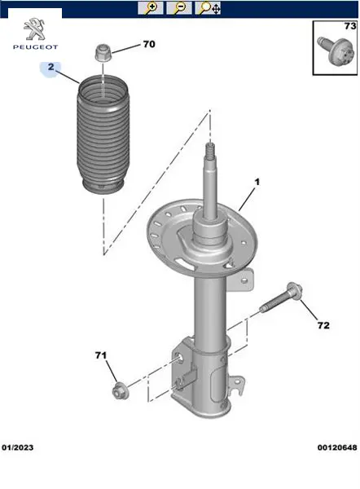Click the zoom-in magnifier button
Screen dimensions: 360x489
coord(151,8)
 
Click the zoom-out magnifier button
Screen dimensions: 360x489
coord(179,8)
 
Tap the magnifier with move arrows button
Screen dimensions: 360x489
coord(209,8)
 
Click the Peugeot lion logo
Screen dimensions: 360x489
coord(34,29)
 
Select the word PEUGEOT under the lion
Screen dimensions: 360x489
coord(36,47)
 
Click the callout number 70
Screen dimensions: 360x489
coord(149,44)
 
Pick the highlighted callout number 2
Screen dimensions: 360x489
coord(50,67)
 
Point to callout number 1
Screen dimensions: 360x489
coord(257,182)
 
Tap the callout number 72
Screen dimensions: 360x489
coord(323,325)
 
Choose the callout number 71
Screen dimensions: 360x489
coord(101,355)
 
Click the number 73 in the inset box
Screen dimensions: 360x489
coord(350,26)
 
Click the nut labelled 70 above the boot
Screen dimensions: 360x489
coord(103,53)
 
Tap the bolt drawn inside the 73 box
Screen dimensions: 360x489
coord(336,52)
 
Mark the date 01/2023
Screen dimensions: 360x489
coord(17,447)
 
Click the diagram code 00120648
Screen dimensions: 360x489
coord(337,447)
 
